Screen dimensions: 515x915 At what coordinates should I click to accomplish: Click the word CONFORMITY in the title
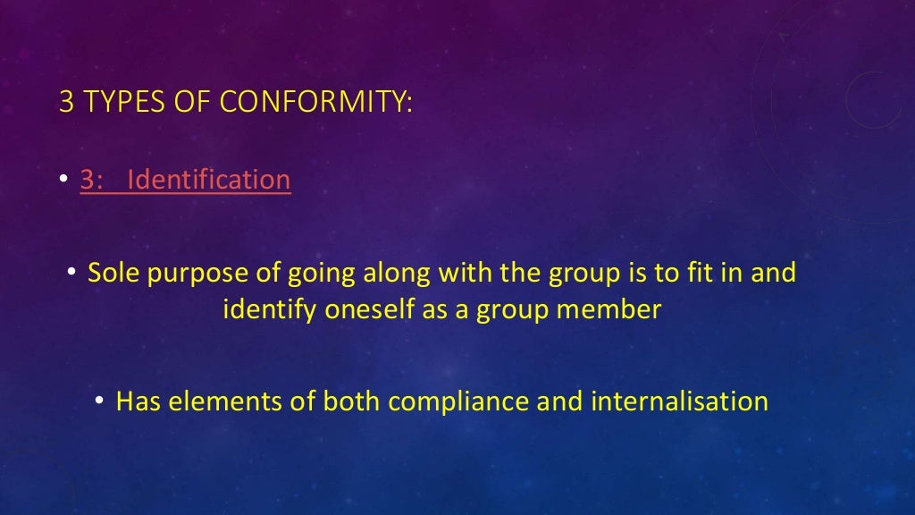click(x=316, y=101)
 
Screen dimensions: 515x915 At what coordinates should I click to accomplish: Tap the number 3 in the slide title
click(x=65, y=101)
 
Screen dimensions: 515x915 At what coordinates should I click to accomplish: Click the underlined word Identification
click(x=209, y=180)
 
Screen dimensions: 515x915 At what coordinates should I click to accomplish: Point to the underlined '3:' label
click(x=94, y=180)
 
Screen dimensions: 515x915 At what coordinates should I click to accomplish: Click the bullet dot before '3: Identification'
click(x=66, y=181)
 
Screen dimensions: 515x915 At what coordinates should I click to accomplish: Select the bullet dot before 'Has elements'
click(x=102, y=401)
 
